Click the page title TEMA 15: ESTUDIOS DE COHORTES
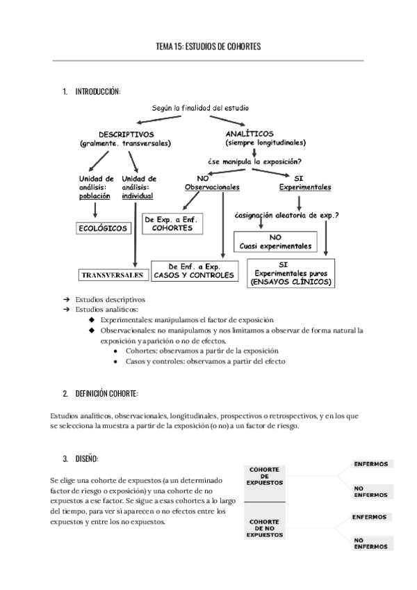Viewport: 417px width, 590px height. coord(208,47)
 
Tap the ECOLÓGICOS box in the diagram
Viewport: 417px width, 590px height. coord(103,228)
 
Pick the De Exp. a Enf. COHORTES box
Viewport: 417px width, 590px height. coord(171,223)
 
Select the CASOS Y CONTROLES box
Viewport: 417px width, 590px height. coord(195,271)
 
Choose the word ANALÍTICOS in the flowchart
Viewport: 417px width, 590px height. coord(250,133)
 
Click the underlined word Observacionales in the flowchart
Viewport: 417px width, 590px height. coord(212,187)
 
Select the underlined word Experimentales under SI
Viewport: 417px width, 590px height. coord(304,187)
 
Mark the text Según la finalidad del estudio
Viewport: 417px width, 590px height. coord(200,108)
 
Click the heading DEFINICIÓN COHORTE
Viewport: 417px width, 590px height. coord(105,393)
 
